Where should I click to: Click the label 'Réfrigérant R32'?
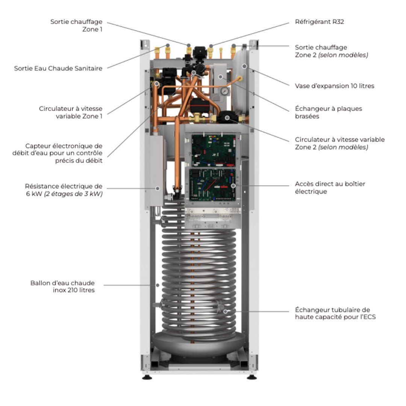tap(319, 22)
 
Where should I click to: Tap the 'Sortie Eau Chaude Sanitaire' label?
tap(58, 68)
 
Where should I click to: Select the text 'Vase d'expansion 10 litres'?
tap(334, 86)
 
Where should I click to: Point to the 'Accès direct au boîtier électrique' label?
tap(330, 188)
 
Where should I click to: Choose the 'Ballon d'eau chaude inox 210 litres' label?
tap(62, 286)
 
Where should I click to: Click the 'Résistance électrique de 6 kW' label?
tap(64, 190)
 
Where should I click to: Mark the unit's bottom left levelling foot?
tap(147, 377)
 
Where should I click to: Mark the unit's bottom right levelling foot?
tap(251, 377)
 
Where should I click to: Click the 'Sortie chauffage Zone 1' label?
tap(76, 25)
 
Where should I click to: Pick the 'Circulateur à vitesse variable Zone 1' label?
tap(70, 112)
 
